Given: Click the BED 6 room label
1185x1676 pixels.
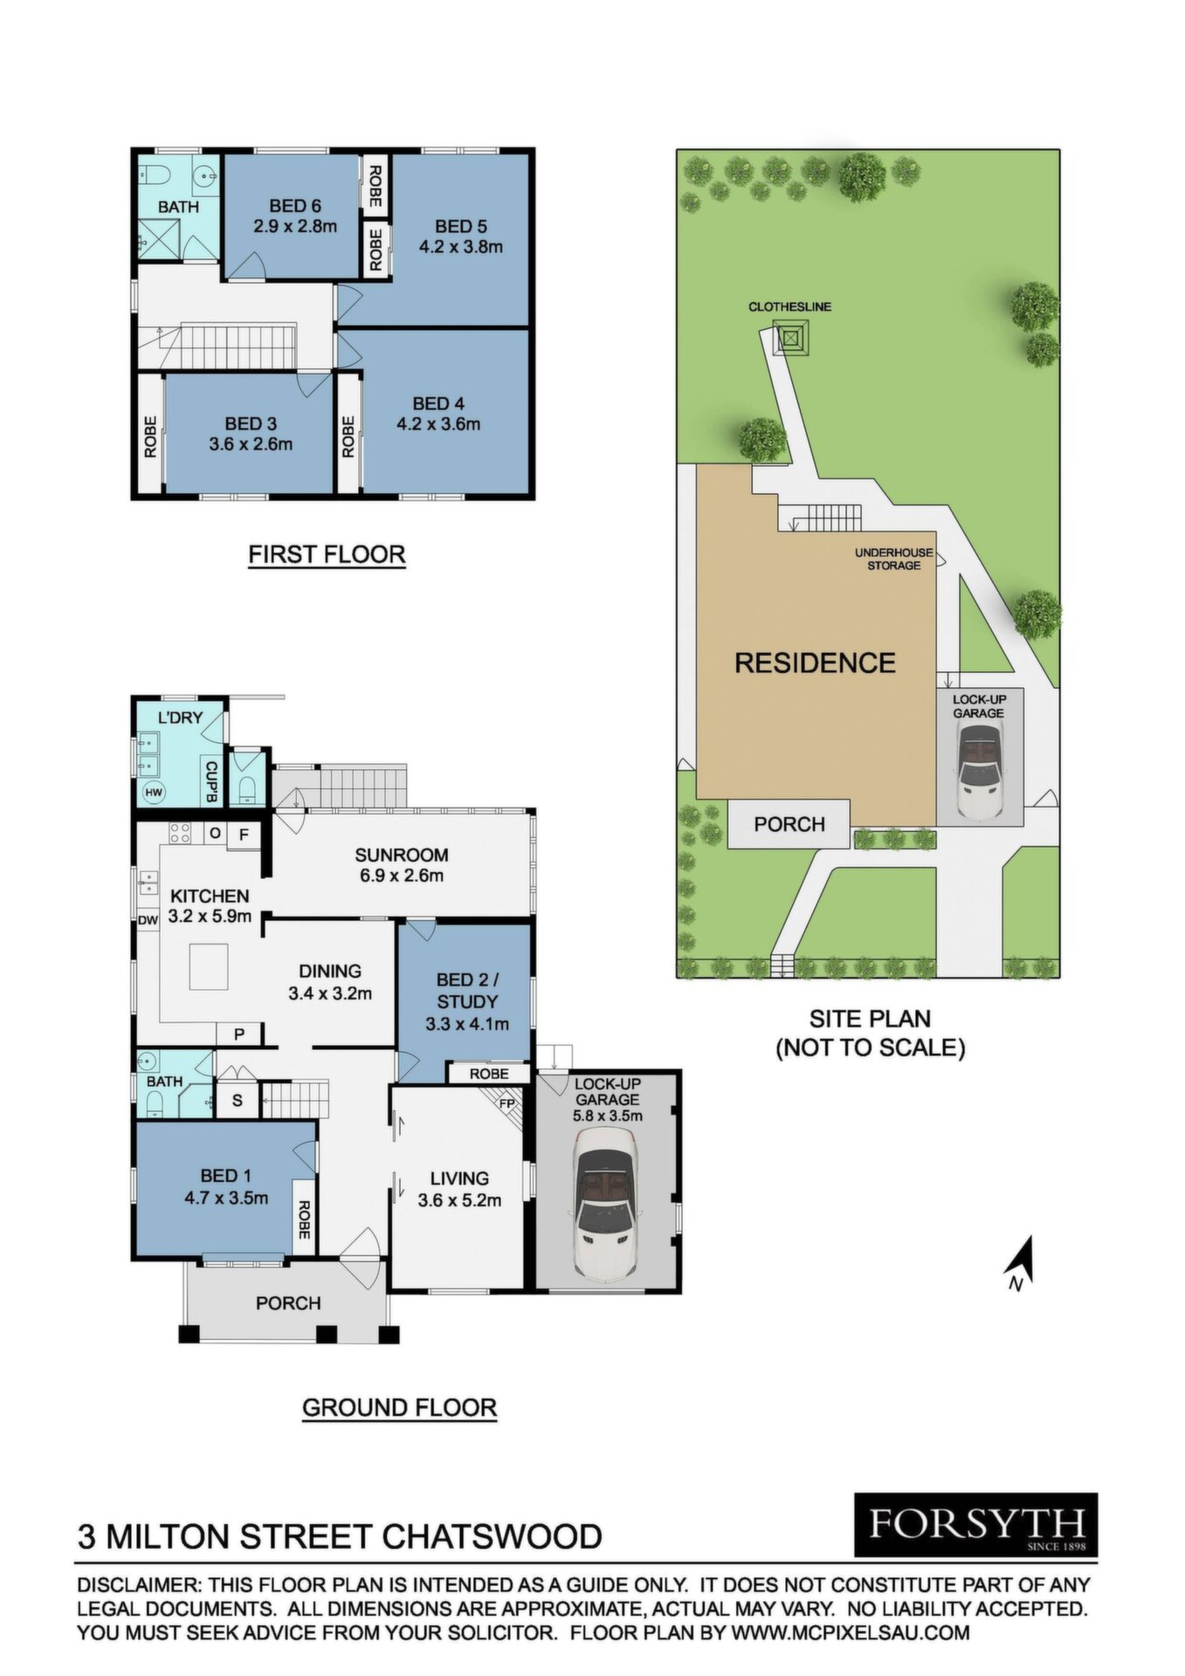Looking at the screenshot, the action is click(x=295, y=206).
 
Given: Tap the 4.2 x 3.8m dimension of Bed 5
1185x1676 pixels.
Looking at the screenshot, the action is click(x=461, y=246).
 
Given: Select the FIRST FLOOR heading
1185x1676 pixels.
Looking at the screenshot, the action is click(x=327, y=554).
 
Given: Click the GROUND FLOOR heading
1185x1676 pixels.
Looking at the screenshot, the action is click(x=399, y=1407).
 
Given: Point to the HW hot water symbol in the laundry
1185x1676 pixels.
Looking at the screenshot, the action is click(x=154, y=793).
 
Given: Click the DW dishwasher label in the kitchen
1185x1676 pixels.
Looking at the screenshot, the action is click(x=148, y=919).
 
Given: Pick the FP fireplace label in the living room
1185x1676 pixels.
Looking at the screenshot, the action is click(x=507, y=1102).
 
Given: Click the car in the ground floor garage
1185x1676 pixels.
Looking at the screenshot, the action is click(x=607, y=1202).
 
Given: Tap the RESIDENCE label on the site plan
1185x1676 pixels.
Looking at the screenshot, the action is click(x=816, y=663).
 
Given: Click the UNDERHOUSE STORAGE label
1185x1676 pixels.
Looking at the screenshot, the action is click(x=893, y=559).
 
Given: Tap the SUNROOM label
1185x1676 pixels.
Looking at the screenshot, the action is click(x=402, y=855).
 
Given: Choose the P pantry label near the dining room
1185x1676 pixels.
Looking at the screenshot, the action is click(x=238, y=1034).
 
